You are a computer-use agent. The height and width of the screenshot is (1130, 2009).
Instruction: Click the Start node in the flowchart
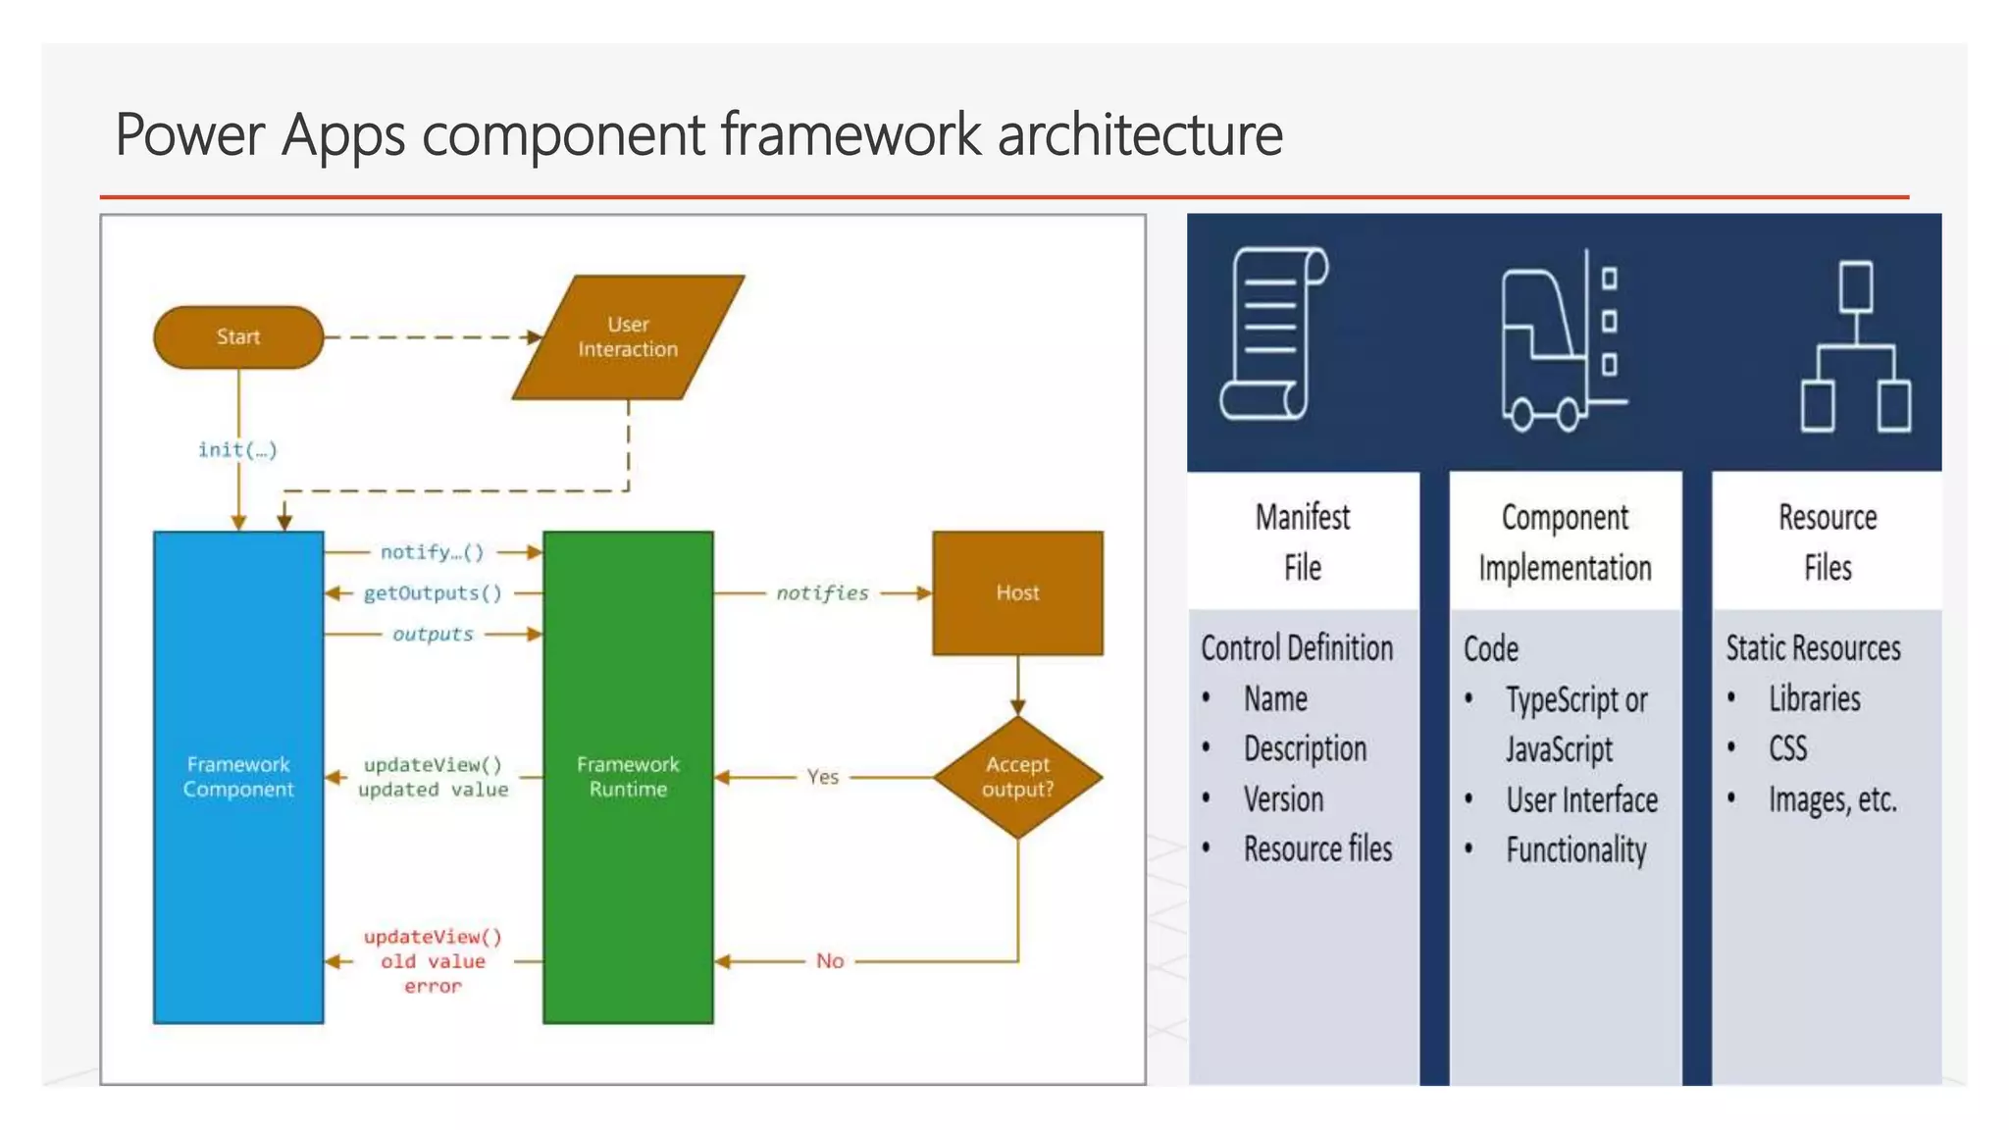238,337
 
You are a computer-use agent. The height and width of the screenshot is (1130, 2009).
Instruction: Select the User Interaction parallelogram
628,337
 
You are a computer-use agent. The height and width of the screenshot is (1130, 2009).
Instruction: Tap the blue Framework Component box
238,777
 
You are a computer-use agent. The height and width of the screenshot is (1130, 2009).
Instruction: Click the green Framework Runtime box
628,777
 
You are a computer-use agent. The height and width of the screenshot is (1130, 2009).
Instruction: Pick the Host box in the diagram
1017,592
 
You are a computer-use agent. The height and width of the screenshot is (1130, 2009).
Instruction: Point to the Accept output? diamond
1017,777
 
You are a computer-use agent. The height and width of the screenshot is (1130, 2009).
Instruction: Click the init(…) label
238,450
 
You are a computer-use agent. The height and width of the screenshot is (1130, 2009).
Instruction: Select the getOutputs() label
433,593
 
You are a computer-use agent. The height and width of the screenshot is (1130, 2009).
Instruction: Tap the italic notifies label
822,593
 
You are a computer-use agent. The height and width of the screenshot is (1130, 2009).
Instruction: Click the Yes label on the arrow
822,777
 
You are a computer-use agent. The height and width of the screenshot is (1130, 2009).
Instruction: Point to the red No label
830,961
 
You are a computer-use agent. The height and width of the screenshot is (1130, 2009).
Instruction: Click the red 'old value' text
433,961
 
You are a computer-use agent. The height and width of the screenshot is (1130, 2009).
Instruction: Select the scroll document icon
1272,334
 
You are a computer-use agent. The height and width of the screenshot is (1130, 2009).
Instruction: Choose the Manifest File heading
1303,541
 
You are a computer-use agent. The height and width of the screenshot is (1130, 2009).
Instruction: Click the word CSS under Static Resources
1787,749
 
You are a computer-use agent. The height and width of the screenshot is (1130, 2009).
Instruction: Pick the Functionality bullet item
1575,850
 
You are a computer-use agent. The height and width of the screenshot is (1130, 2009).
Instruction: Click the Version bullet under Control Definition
1283,799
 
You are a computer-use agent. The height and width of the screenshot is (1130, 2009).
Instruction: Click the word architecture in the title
1140,134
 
